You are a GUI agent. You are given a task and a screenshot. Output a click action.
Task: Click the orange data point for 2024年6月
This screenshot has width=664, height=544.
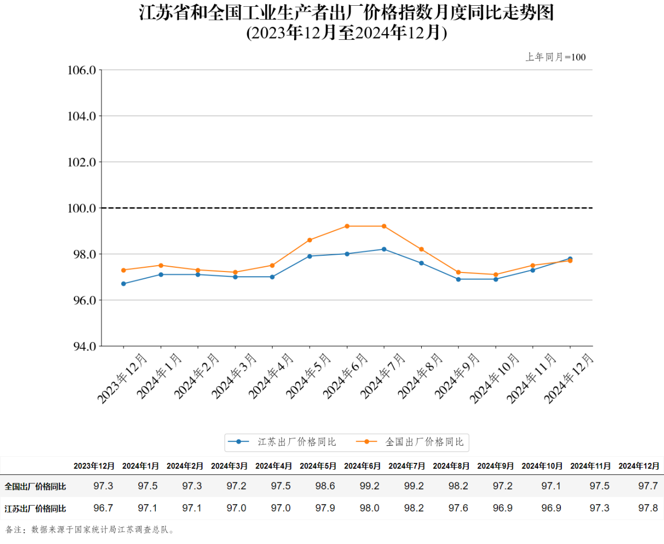pyautogui.click(x=347, y=226)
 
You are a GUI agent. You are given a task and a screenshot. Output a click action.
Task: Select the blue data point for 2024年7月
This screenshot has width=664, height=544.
pyautogui.click(x=384, y=250)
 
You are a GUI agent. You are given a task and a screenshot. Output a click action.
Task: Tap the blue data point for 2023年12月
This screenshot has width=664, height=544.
pyautogui.click(x=123, y=284)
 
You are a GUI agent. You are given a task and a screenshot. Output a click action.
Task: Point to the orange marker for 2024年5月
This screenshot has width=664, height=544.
pyautogui.click(x=310, y=240)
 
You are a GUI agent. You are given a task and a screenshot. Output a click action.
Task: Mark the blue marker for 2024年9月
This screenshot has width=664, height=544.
pyautogui.click(x=458, y=279)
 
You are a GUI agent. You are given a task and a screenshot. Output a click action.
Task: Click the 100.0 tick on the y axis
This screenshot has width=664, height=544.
pyautogui.click(x=82, y=208)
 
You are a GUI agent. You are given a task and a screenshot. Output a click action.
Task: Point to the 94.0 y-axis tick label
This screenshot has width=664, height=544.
pyautogui.click(x=82, y=346)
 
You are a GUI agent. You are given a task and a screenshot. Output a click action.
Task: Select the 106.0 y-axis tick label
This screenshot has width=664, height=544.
pyautogui.click(x=82, y=70)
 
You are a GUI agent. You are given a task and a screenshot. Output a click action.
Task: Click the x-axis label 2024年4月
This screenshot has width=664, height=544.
pyautogui.click(x=271, y=376)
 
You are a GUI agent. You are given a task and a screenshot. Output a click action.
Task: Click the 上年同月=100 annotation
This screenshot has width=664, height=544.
pyautogui.click(x=556, y=57)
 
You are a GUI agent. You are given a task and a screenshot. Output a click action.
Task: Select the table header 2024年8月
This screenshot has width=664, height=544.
pyautogui.click(x=451, y=466)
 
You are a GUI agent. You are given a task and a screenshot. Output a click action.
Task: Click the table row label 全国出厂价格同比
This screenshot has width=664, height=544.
pyautogui.click(x=36, y=486)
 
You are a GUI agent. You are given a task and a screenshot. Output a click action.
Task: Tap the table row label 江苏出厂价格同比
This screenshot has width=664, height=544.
pyautogui.click(x=36, y=508)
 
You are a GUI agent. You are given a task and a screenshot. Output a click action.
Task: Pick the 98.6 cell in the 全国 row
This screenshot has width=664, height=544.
pyautogui.click(x=325, y=486)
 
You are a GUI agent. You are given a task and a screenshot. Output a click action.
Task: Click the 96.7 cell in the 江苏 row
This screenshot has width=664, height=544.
pyautogui.click(x=103, y=508)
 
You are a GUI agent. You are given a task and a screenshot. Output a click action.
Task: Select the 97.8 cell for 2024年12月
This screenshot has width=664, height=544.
pyautogui.click(x=648, y=508)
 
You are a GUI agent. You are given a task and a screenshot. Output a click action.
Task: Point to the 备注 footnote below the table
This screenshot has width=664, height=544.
pyautogui.click(x=89, y=530)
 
